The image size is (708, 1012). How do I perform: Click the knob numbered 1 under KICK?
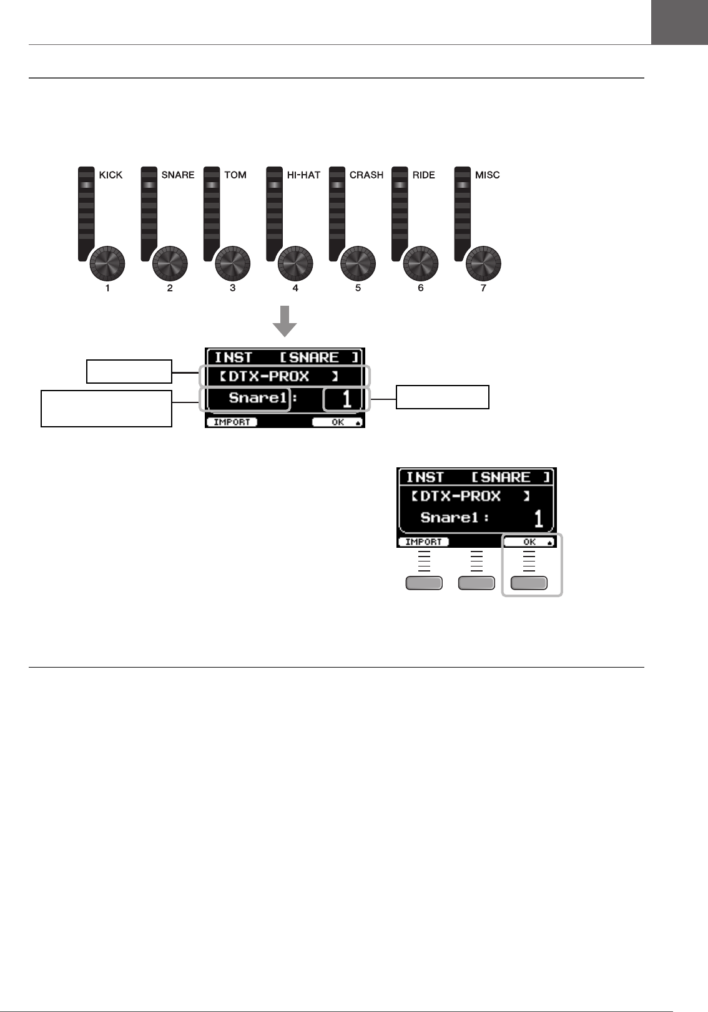point(107,263)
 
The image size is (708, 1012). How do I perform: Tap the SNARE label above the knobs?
point(177,175)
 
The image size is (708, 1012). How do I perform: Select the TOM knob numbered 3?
point(233,263)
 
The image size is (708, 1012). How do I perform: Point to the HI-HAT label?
point(303,175)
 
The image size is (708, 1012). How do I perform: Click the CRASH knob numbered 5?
point(358,263)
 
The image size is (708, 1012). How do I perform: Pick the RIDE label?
point(423,175)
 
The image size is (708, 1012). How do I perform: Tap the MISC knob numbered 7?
point(483,263)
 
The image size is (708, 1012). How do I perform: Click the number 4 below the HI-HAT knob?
point(295,288)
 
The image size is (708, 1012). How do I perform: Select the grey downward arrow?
point(285,321)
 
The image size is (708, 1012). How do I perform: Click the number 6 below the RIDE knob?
point(421,288)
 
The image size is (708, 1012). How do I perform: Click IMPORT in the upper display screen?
point(232,422)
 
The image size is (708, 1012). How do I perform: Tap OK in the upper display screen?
point(338,422)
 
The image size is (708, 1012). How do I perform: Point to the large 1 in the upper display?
point(347,399)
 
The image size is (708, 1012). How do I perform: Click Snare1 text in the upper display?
point(257,398)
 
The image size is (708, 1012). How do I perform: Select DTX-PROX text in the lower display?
point(460,497)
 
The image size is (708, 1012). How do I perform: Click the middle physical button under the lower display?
point(476,583)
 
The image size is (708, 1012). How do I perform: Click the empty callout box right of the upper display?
point(442,397)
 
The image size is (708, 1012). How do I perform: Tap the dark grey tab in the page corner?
point(679,22)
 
